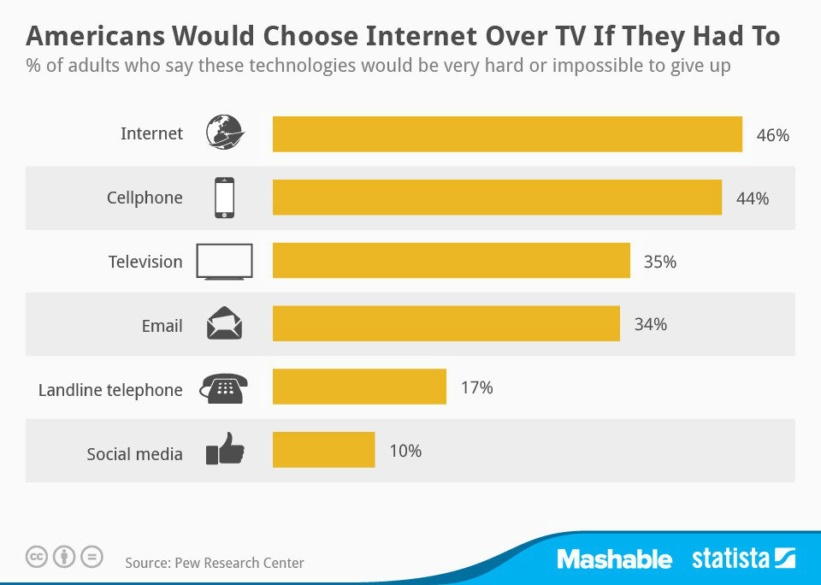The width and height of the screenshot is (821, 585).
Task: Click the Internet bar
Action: click(507, 134)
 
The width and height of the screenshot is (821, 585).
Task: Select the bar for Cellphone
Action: click(497, 198)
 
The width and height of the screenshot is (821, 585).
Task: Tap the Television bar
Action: click(451, 261)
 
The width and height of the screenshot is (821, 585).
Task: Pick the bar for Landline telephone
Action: click(359, 387)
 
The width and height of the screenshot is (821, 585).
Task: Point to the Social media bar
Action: click(323, 450)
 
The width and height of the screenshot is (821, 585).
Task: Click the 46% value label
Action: click(772, 135)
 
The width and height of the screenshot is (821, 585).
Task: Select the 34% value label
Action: click(650, 325)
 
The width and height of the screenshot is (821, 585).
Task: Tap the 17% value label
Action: click(476, 387)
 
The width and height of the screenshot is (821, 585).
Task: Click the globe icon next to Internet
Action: click(225, 133)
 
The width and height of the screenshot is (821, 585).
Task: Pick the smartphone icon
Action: click(224, 198)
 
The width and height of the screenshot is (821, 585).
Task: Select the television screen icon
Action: click(224, 261)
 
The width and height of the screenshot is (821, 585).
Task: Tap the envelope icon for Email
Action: click(224, 324)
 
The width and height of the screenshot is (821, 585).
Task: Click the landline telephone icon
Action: click(224, 387)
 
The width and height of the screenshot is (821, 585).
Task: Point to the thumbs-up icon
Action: click(225, 450)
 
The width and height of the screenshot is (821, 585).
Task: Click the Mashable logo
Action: click(614, 559)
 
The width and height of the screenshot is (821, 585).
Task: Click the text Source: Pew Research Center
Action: click(215, 563)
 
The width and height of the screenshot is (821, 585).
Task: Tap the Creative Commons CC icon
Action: click(37, 557)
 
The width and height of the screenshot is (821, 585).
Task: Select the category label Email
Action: click(162, 326)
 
